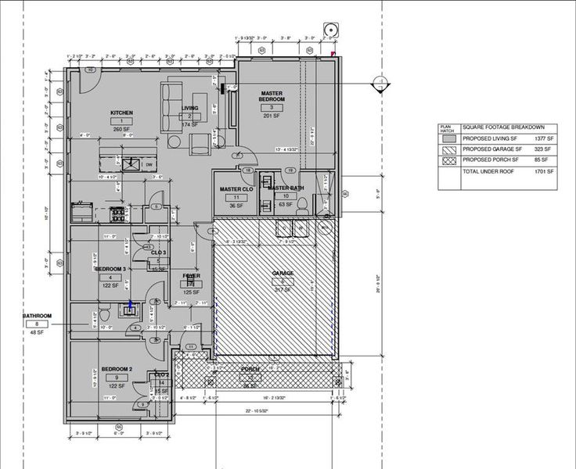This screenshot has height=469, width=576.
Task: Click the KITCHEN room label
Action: [x=121, y=113]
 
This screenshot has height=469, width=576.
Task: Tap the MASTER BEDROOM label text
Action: [x=272, y=96]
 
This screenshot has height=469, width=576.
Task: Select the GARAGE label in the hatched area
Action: [x=283, y=273]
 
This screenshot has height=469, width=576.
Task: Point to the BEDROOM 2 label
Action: [x=115, y=369]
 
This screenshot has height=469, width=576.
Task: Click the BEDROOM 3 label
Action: [x=110, y=269]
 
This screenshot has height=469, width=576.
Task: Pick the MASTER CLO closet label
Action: [x=235, y=188]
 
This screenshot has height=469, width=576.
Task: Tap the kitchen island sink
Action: [x=134, y=164]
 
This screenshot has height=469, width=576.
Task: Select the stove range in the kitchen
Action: [x=117, y=211]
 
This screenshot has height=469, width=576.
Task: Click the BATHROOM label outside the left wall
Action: [x=38, y=315]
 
